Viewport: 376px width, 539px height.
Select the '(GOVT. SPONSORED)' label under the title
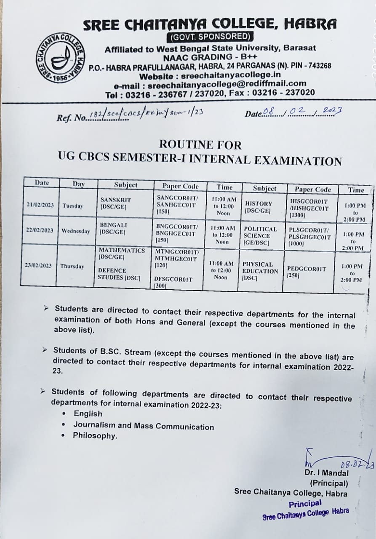[x=211, y=37]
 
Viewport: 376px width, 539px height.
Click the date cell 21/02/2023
[x=40, y=205]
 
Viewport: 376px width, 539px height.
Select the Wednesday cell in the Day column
[x=76, y=231]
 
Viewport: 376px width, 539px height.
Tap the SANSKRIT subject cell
[x=116, y=203]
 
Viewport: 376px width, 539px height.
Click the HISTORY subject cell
[x=259, y=207]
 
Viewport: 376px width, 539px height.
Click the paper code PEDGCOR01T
[x=306, y=269]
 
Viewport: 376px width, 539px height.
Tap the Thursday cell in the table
[x=72, y=266]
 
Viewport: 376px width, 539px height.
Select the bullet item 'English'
[x=88, y=414]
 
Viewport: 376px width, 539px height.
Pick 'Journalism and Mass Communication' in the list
[x=144, y=426]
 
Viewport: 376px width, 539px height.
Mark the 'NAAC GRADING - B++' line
[x=210, y=57]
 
